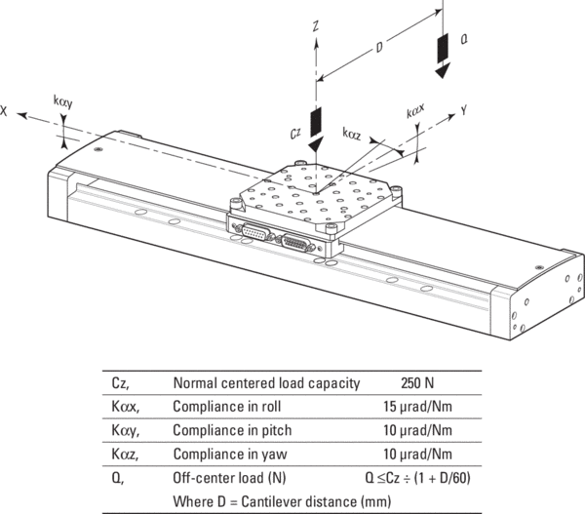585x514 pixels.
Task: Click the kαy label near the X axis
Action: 65,99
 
